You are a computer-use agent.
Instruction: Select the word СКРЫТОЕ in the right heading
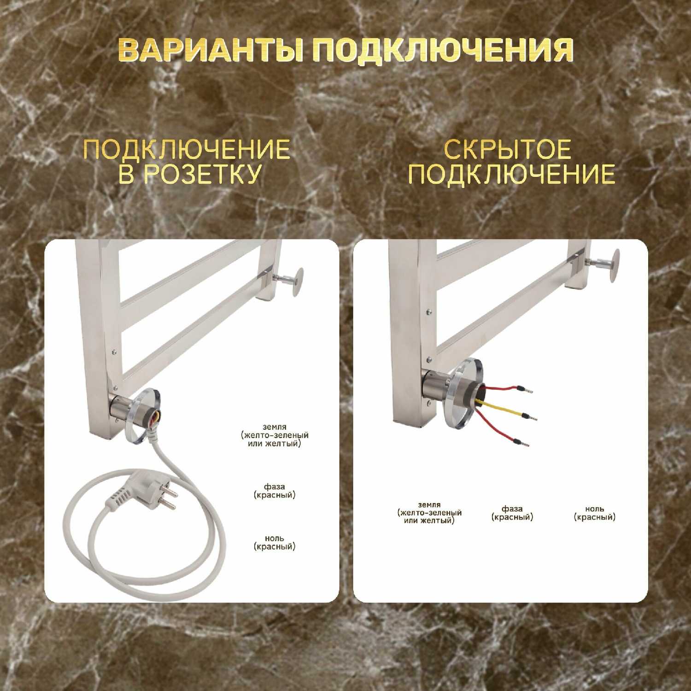[x=508, y=149]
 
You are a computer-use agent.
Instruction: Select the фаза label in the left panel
[x=275, y=491]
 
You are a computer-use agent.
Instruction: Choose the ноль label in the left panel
[x=274, y=543]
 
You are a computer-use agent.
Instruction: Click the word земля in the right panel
[x=429, y=505]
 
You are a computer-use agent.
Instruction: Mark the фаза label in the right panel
[x=512, y=513]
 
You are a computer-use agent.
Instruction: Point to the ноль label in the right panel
[x=595, y=513]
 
